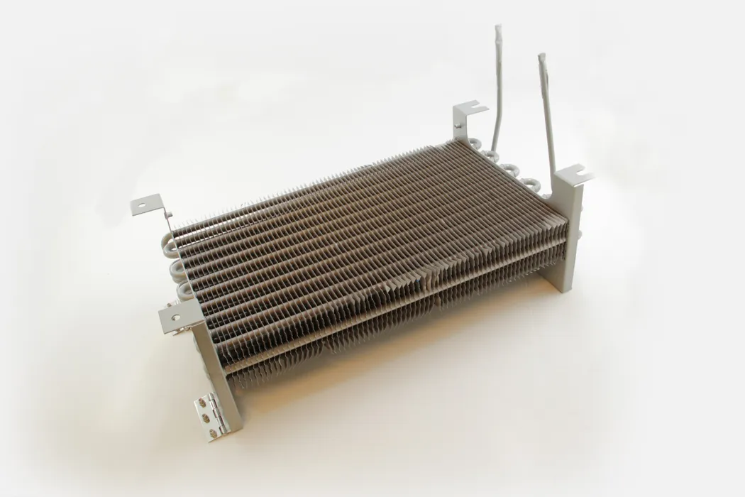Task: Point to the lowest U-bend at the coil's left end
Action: pos(183,290)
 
